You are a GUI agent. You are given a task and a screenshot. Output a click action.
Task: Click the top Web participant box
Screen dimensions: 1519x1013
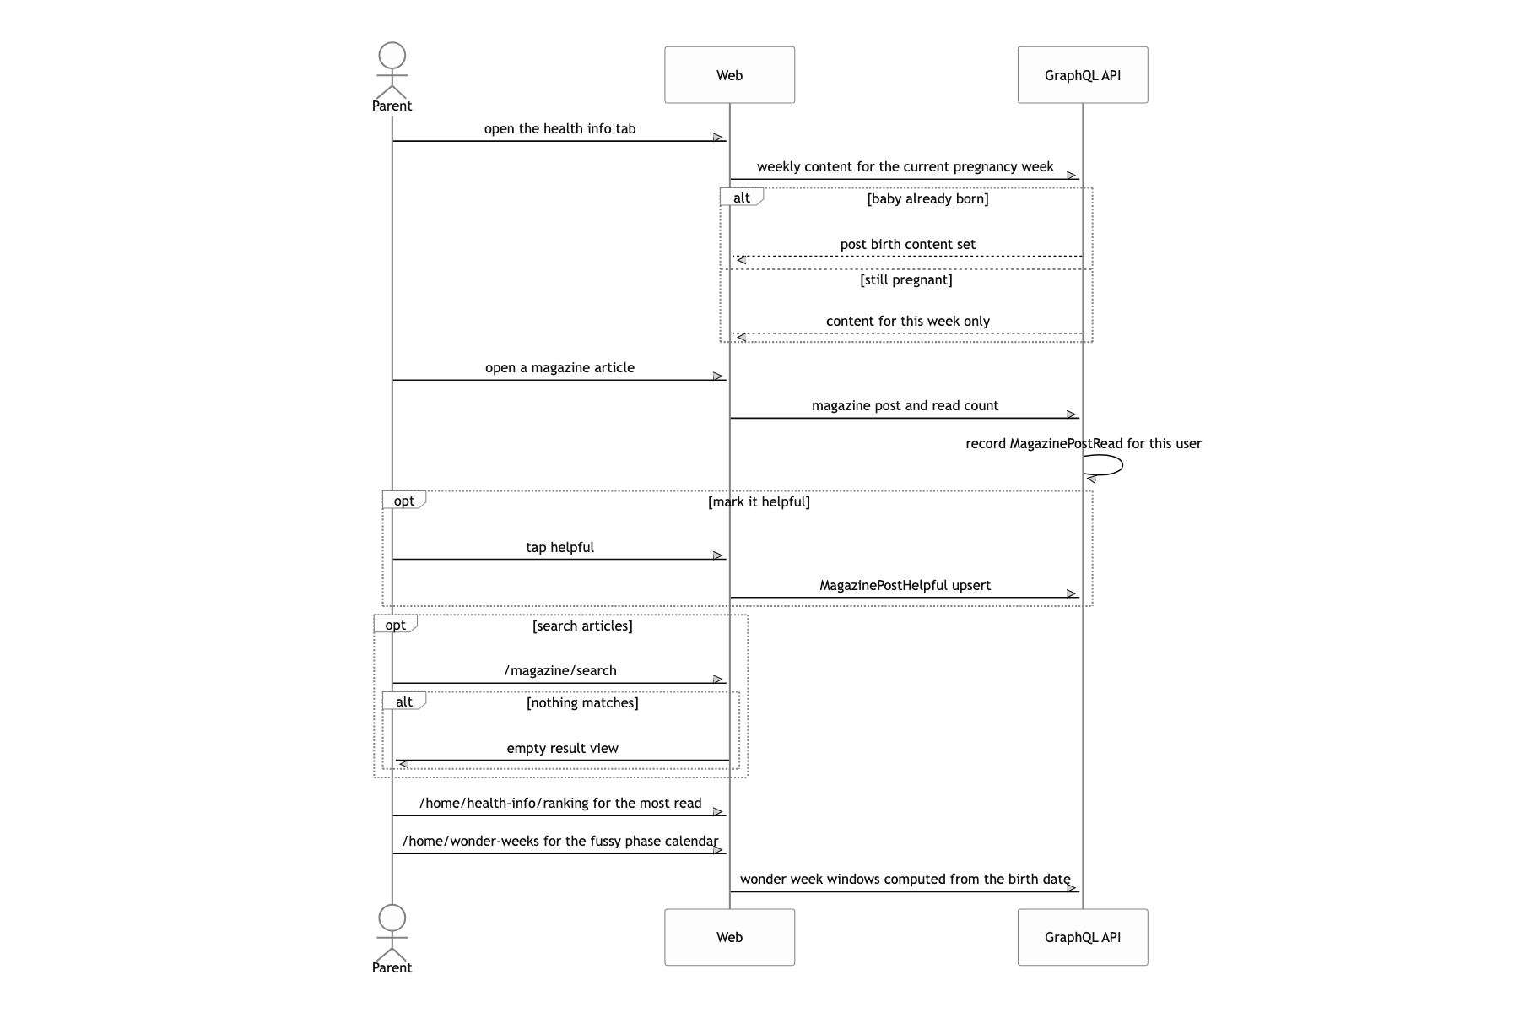click(729, 75)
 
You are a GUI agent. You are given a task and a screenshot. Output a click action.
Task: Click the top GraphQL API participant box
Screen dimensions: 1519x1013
click(1083, 75)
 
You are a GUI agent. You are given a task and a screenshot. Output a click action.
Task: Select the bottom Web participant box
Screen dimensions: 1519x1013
click(729, 937)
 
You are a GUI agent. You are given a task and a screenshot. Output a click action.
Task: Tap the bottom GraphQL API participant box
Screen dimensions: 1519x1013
click(1083, 937)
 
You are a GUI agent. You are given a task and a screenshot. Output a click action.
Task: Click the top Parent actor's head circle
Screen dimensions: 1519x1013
click(392, 56)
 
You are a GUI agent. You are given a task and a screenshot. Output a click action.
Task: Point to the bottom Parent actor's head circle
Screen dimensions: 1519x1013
click(392, 918)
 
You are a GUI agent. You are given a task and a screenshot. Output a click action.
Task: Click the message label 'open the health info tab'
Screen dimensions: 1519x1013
click(559, 129)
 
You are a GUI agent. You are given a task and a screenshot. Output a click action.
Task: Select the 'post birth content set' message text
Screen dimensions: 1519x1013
click(907, 245)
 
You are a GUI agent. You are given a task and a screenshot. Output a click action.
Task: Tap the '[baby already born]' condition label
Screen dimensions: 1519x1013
click(927, 199)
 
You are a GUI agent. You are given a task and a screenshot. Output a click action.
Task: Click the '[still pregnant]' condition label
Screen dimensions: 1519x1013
click(906, 280)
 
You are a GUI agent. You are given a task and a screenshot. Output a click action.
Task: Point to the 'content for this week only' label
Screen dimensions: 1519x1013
click(907, 322)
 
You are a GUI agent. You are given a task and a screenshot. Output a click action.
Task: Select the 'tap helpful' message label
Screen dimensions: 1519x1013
click(559, 548)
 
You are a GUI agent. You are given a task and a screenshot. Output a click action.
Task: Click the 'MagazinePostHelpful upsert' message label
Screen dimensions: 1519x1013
click(905, 586)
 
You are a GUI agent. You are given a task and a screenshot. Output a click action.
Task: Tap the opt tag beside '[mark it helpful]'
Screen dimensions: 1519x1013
click(404, 501)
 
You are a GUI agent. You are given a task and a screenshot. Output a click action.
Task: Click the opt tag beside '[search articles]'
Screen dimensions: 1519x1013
click(395, 625)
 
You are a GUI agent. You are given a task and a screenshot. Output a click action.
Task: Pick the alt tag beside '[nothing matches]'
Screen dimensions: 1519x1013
click(404, 702)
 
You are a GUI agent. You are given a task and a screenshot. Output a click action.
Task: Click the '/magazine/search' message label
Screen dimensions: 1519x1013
click(560, 671)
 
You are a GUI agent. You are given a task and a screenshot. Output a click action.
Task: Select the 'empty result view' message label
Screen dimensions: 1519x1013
click(562, 749)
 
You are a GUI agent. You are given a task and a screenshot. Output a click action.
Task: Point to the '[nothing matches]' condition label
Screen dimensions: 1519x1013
click(582, 703)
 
